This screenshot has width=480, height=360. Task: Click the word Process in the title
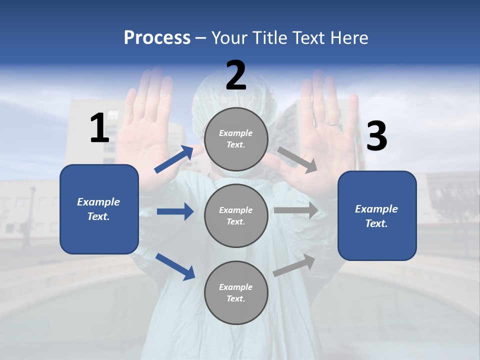pyautogui.click(x=157, y=37)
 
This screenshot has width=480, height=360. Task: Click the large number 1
pyautogui.click(x=99, y=128)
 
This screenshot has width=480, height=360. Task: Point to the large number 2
pyautogui.click(x=236, y=75)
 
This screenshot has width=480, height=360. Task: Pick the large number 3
pyautogui.click(x=376, y=136)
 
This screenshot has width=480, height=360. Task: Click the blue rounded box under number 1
pyautogui.click(x=99, y=209)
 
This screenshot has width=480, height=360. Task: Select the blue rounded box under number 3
pyautogui.click(x=377, y=216)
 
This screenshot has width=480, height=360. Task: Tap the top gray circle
pyautogui.click(x=236, y=139)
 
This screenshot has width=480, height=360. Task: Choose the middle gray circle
pyautogui.click(x=236, y=216)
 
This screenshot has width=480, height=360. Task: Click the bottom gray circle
pyautogui.click(x=236, y=293)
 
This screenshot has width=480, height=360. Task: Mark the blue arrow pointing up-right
pyautogui.click(x=174, y=159)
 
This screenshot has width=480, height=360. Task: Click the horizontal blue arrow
pyautogui.click(x=175, y=211)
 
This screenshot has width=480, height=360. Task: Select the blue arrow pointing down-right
pyautogui.click(x=175, y=266)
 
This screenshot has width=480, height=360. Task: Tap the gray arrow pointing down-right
pyautogui.click(x=297, y=160)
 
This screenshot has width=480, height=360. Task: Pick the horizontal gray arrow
pyautogui.click(x=296, y=210)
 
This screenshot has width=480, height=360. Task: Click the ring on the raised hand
pyautogui.click(x=332, y=122)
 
